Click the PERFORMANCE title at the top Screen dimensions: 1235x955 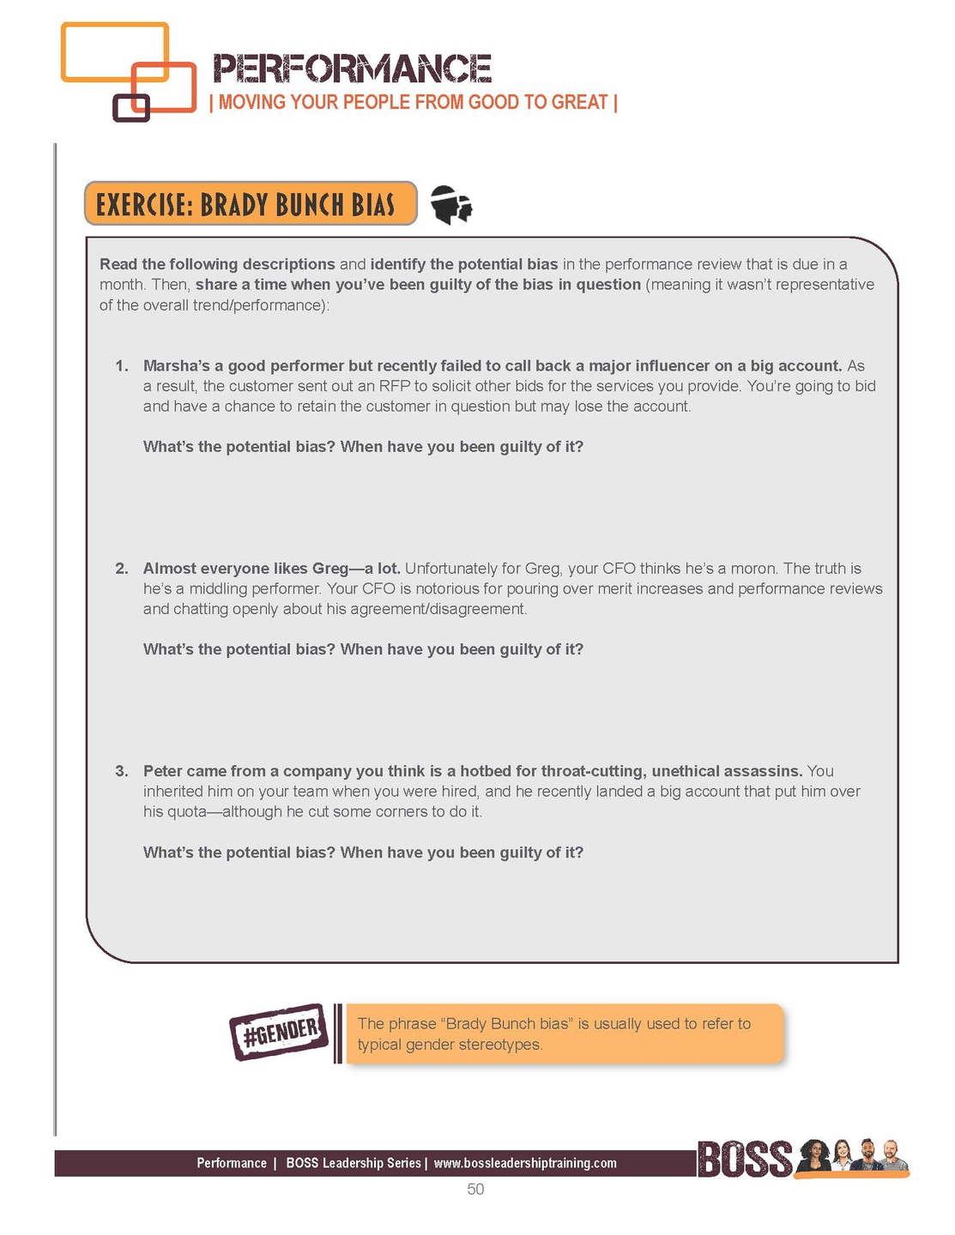click(x=352, y=69)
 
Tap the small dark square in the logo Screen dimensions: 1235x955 click(x=131, y=107)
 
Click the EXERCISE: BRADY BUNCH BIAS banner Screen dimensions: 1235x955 click(x=250, y=204)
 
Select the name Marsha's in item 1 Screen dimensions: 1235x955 click(x=176, y=366)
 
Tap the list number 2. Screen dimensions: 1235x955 click(x=122, y=569)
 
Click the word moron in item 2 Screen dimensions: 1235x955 click(x=753, y=569)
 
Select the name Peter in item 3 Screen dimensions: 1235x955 click(x=162, y=771)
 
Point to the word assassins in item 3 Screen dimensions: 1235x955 click(x=758, y=771)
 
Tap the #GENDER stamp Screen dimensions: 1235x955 click(x=279, y=1032)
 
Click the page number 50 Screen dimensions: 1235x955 click(x=475, y=1190)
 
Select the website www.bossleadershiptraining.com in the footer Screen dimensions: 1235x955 click(x=525, y=1164)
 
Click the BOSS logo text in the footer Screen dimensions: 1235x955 click(x=745, y=1160)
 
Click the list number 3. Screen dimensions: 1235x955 click(x=122, y=771)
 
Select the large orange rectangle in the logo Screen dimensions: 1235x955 click(x=114, y=52)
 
